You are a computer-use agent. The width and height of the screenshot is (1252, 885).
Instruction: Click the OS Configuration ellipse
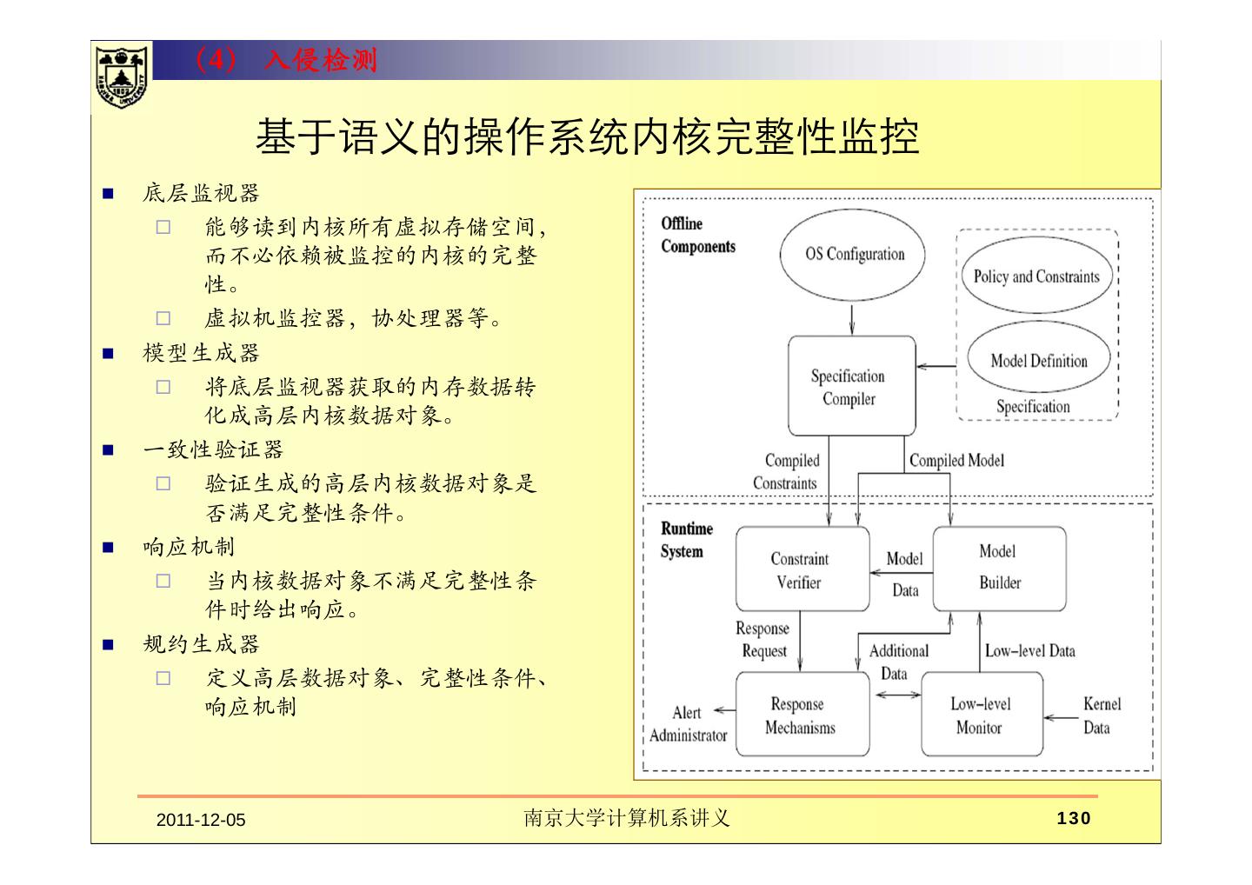click(853, 255)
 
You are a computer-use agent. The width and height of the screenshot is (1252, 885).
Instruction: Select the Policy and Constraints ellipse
click(1036, 276)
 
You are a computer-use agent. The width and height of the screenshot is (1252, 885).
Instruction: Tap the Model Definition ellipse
click(1039, 361)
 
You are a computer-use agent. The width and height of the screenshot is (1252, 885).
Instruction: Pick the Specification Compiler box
click(851, 387)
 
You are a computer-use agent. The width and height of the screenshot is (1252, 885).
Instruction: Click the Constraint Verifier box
click(802, 570)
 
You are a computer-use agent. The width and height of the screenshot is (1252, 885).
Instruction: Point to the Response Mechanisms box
click(802, 715)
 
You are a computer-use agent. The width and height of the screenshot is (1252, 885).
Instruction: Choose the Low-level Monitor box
click(981, 715)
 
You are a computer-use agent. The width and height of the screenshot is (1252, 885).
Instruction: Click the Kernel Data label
click(1101, 715)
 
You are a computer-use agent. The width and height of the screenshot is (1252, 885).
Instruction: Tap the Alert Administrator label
click(688, 724)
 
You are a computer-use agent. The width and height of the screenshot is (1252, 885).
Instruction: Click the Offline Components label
click(697, 235)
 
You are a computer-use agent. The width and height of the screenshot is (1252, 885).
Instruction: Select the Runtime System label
click(686, 540)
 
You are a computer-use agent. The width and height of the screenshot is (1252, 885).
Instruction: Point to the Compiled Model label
click(956, 461)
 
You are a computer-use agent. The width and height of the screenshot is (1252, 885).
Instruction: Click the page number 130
click(1074, 818)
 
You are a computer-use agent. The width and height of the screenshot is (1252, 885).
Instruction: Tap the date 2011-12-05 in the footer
click(201, 820)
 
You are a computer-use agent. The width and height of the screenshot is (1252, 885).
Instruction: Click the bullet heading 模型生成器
click(201, 353)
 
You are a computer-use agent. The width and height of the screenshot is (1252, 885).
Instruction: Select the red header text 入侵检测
click(321, 60)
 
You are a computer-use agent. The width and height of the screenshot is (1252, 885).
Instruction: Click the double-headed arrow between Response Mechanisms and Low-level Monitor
click(898, 695)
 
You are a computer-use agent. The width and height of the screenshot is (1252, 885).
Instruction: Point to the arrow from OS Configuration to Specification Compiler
click(851, 318)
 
